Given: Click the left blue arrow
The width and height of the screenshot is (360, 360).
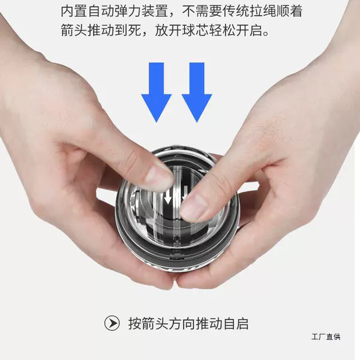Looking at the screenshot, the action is (157, 92).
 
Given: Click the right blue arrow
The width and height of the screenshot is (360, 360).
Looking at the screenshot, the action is (197, 92).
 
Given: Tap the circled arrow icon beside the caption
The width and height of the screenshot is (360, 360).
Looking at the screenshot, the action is (112, 323).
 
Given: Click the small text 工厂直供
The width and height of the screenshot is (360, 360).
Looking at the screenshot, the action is (326, 337).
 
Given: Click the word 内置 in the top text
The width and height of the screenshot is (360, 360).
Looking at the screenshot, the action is (74, 11).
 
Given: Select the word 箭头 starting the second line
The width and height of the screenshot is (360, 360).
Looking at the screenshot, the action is (74, 30).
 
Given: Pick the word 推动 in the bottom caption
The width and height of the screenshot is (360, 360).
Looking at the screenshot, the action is (209, 323).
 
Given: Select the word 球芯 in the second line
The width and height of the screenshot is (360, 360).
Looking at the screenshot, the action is (195, 30).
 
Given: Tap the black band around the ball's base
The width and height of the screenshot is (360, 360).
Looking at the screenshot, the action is (177, 258).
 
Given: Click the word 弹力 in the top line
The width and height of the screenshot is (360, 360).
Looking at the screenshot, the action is (128, 11).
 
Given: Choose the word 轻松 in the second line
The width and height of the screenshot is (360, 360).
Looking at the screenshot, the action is (222, 30).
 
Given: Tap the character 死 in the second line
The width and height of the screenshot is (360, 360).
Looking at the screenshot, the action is (134, 30).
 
